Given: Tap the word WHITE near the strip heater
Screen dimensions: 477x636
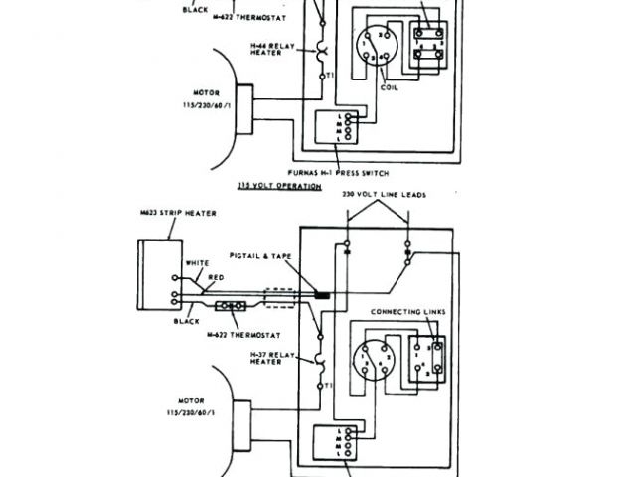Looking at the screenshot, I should pyautogui.click(x=197, y=263).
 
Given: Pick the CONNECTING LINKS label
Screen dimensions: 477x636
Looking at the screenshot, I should pyautogui.click(x=407, y=312).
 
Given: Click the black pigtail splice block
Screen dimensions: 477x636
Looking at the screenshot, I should pyautogui.click(x=322, y=295).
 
